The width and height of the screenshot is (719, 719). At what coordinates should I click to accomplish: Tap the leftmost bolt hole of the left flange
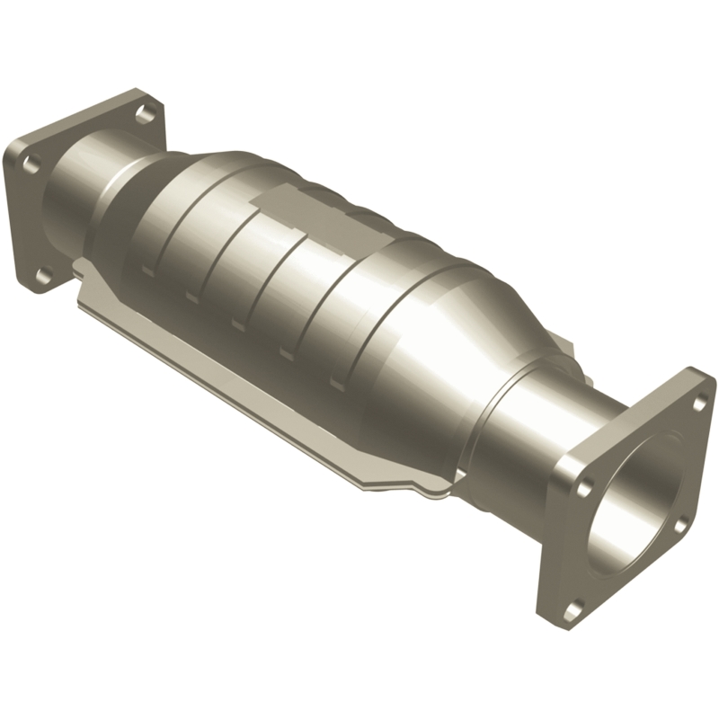[x=30, y=164]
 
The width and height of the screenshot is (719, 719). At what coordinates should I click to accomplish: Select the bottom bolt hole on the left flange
[x=41, y=273]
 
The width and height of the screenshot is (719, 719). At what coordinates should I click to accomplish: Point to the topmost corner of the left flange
[x=135, y=90]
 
